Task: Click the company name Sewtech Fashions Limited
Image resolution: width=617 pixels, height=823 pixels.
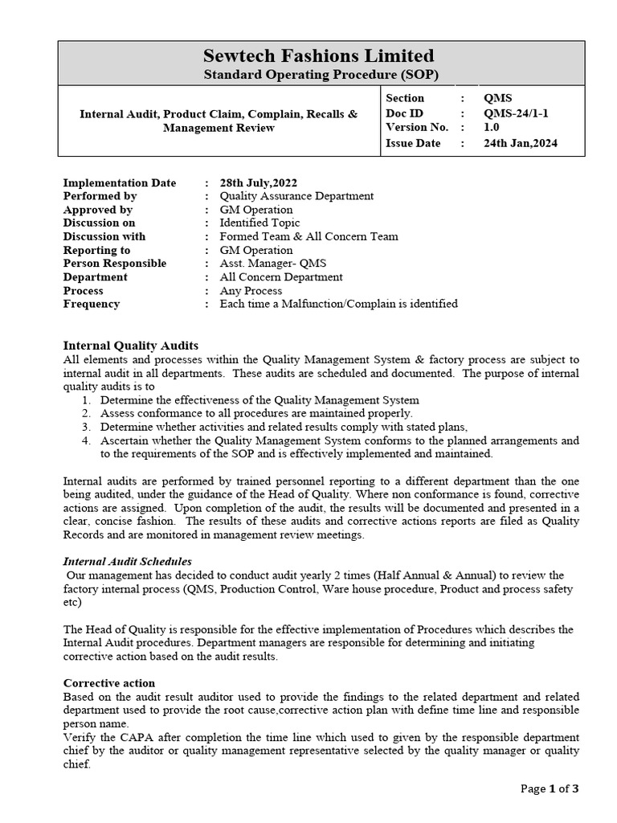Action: (319, 55)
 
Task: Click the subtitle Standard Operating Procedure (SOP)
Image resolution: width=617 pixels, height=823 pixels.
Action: (319, 75)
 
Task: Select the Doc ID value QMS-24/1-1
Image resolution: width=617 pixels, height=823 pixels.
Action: (514, 113)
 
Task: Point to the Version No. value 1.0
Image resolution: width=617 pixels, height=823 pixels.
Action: (490, 128)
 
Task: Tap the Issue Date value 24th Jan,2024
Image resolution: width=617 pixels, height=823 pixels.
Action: (520, 143)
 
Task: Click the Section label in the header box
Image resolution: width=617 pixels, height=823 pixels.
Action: (405, 98)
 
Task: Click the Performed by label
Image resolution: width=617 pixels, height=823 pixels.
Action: (100, 196)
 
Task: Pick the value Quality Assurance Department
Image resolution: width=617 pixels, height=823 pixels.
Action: (296, 196)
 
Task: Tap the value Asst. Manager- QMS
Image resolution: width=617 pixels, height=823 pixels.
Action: (273, 264)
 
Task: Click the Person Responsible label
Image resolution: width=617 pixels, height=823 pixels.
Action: (115, 264)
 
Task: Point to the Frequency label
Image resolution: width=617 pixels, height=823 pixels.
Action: (92, 304)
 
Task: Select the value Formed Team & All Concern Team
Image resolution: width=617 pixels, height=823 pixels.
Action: (308, 236)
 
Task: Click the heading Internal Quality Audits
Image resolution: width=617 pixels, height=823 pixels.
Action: (130, 346)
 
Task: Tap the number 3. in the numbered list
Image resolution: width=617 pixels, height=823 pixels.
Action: (86, 427)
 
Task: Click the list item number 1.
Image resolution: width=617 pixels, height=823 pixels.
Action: (86, 400)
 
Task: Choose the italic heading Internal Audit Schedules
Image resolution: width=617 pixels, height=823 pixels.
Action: (128, 561)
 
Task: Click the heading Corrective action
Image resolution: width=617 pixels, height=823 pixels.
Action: (109, 683)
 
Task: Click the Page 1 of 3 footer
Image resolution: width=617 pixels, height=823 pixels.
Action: (550, 788)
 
